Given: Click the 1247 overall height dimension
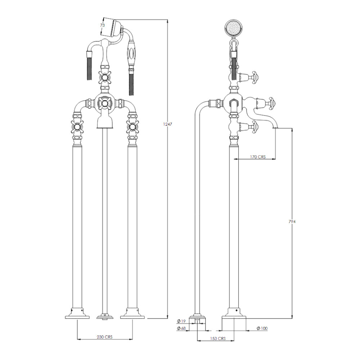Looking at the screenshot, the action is [x=168, y=124].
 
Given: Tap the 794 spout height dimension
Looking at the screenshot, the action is [x=292, y=221].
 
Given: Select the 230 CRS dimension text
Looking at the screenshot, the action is [x=105, y=337].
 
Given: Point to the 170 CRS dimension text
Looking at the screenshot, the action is [x=258, y=157].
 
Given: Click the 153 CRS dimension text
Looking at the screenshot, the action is [x=218, y=338].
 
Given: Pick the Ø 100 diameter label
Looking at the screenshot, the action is [x=262, y=328].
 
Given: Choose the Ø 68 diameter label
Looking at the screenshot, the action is [x=181, y=328].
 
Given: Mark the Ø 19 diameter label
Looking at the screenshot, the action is [x=181, y=321].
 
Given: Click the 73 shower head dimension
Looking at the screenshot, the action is [x=102, y=25].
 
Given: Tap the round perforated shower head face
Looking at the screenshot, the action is [x=234, y=28].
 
